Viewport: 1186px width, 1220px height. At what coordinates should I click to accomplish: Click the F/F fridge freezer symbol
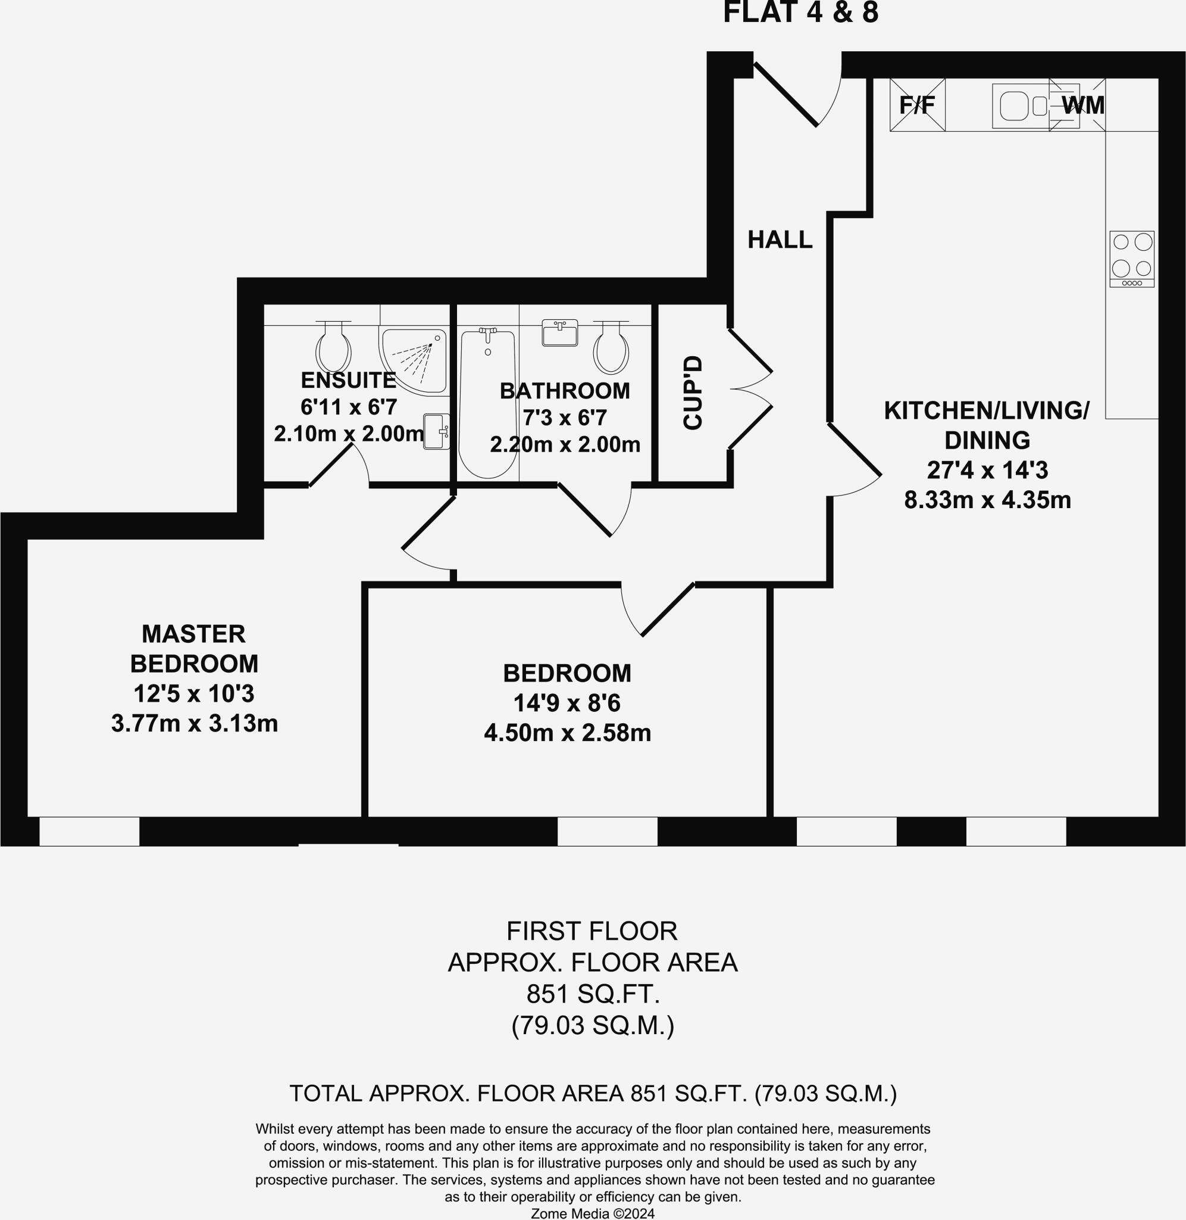click(x=917, y=105)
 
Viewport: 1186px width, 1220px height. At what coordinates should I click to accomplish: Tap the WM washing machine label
click(x=1082, y=105)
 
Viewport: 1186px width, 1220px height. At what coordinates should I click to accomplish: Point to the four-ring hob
click(x=1132, y=259)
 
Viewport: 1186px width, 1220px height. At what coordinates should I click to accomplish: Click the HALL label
click(x=780, y=239)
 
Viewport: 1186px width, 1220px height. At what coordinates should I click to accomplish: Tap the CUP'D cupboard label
click(x=693, y=393)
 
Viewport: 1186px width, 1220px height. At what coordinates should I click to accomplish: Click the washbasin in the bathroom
click(x=559, y=333)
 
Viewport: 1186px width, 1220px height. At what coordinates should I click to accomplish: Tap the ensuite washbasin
click(x=437, y=431)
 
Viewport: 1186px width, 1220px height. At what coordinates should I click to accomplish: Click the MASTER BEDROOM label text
click(x=195, y=648)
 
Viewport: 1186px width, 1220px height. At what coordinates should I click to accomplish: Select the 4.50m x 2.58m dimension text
click(x=568, y=733)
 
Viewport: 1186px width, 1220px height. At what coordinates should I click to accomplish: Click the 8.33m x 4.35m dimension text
click(x=987, y=500)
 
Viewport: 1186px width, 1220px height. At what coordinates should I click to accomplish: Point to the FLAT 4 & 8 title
click(x=800, y=13)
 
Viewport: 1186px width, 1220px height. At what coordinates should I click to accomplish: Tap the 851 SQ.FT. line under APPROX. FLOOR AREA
click(x=592, y=994)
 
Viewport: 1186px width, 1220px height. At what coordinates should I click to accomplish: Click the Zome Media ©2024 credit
click(x=592, y=1213)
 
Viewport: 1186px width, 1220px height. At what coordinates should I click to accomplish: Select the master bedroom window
click(x=89, y=832)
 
